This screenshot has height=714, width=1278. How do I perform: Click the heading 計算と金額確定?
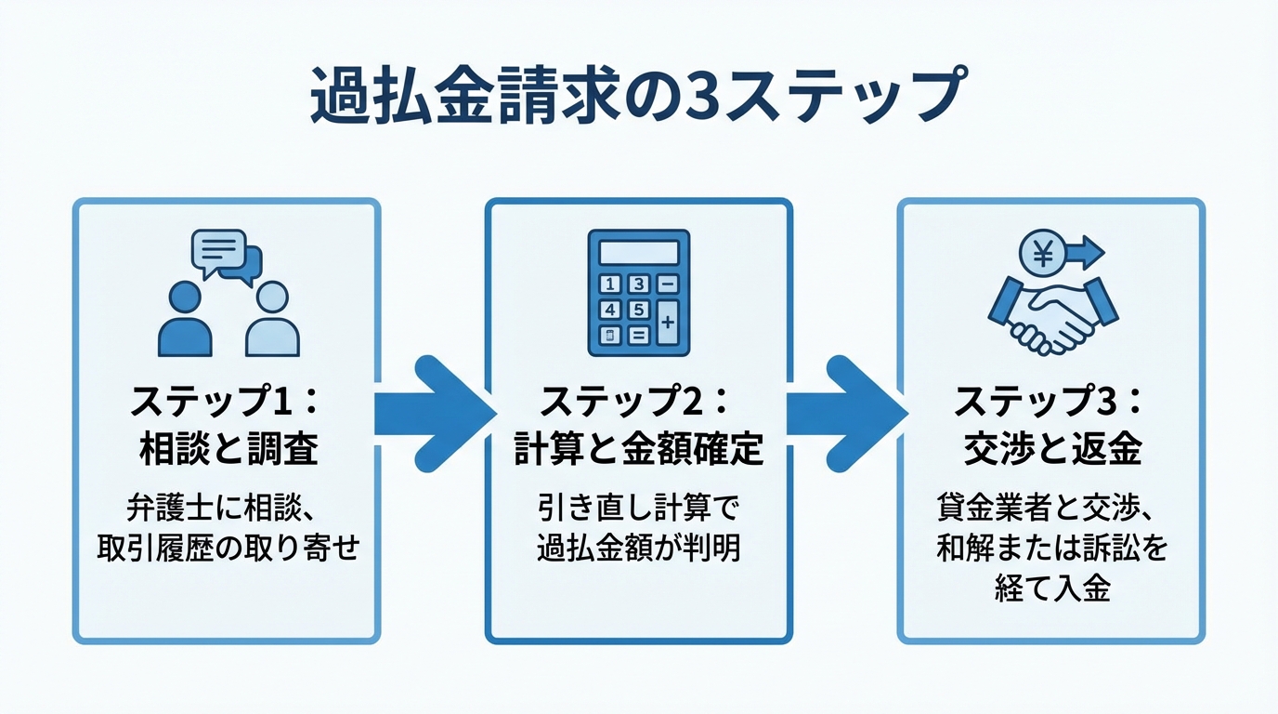(639, 450)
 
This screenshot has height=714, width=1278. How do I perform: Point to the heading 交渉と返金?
(1052, 450)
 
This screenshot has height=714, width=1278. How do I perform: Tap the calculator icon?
(639, 293)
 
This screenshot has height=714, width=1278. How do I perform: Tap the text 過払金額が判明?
(639, 549)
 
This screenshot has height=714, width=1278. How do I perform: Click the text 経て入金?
(1052, 588)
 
